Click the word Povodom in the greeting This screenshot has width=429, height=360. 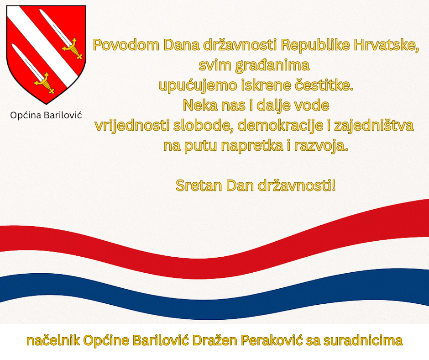pyautogui.click(x=126, y=45)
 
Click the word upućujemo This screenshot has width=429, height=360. pyautogui.click(x=198, y=85)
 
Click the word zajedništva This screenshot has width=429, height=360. pyautogui.click(x=374, y=126)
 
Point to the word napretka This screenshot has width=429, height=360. pyautogui.click(x=252, y=146)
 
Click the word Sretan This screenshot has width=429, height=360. pyautogui.click(x=199, y=186)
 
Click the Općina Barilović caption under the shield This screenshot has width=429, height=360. pyautogui.click(x=46, y=115)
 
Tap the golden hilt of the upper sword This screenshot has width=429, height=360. pyautogui.click(x=72, y=49)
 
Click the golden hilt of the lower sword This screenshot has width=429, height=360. pyautogui.click(x=44, y=83)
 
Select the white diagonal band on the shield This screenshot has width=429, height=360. pyautogui.click(x=44, y=47)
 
